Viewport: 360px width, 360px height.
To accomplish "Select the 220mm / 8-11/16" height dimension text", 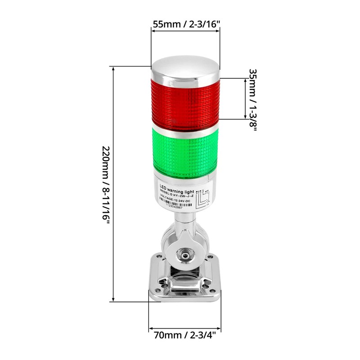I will [105, 184].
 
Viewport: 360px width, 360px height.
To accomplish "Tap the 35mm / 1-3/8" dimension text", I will [253, 100].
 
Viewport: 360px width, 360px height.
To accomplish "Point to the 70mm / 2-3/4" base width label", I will [185, 335].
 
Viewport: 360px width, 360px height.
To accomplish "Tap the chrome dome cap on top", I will [185, 70].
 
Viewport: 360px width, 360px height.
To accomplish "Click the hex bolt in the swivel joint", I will [185, 255].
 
